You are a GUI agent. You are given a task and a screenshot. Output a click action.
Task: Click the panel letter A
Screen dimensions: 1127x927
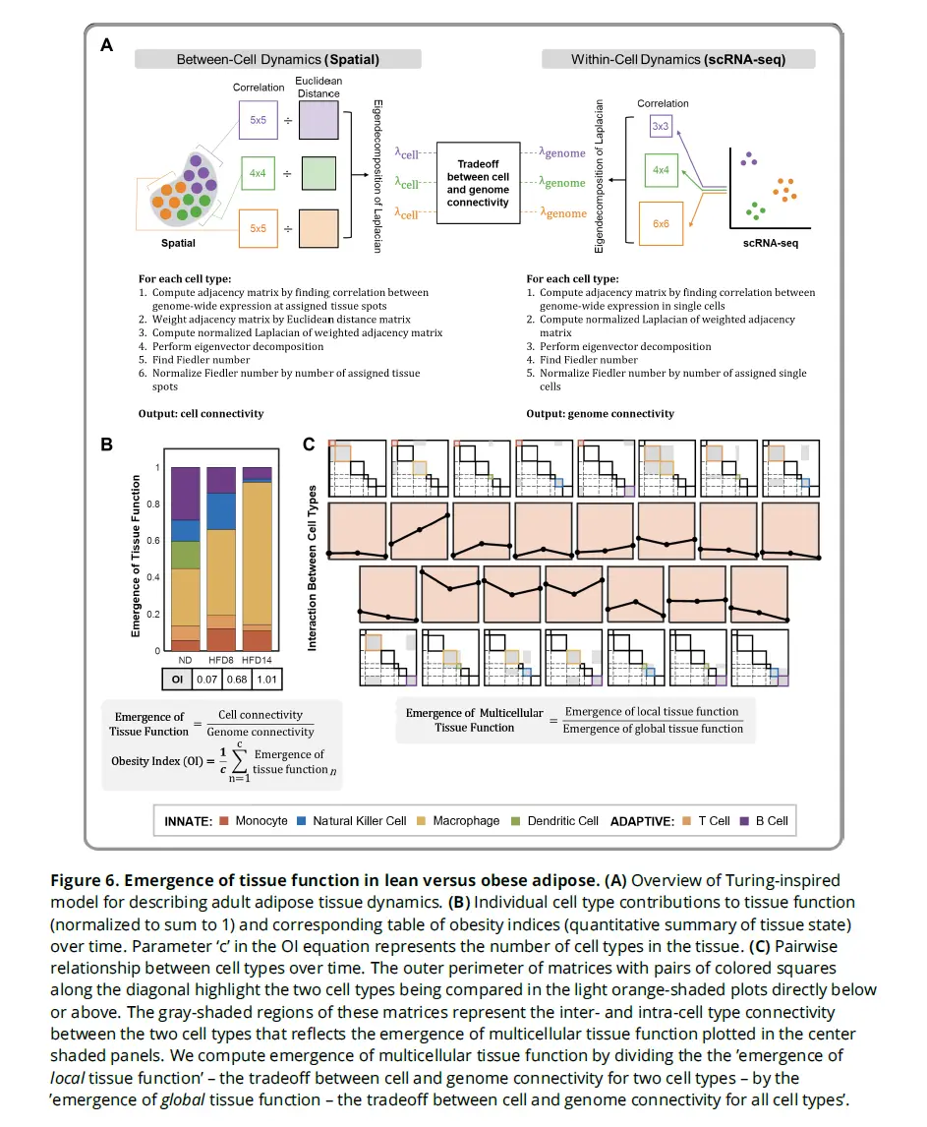107,44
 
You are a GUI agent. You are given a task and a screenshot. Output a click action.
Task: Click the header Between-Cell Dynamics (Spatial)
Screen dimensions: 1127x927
278,59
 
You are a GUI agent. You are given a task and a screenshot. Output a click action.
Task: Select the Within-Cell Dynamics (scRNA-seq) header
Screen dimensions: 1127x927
678,59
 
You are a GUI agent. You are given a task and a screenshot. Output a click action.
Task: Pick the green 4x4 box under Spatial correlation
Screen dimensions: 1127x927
258,173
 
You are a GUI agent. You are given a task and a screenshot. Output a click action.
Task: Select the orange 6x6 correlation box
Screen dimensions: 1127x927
661,224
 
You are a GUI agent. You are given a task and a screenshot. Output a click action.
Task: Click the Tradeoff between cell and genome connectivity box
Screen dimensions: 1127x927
478,182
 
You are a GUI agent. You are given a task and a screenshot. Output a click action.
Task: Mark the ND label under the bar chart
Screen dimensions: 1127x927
184,659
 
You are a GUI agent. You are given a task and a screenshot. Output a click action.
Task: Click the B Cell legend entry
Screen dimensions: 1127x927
771,820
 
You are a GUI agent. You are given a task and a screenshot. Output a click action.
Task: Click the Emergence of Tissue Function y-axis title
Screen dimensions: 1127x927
138,558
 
